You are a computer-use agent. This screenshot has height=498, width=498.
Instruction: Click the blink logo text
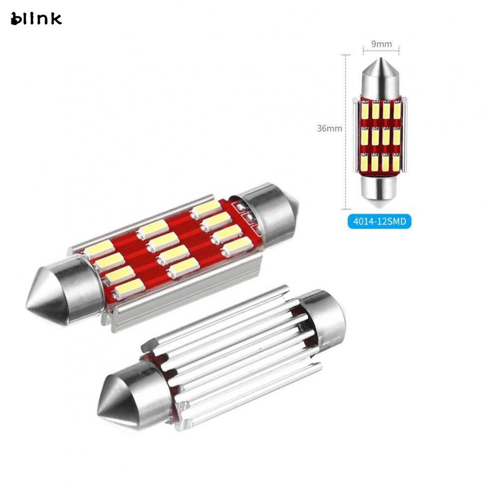coord(36,19)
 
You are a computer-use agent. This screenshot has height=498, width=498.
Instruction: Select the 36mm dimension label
coord(329,128)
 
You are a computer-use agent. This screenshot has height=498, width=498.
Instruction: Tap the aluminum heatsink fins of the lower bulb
coord(234,354)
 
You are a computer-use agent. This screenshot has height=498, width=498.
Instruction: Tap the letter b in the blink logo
coord(16,19)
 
